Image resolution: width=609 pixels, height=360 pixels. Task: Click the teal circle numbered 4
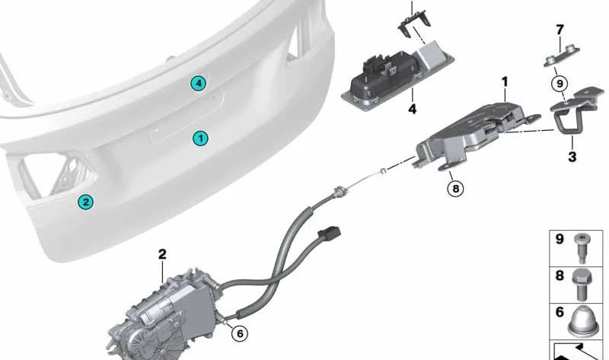point(198,83)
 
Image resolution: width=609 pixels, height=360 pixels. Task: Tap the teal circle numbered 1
point(201,139)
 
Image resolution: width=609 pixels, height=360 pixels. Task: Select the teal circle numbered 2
point(85,202)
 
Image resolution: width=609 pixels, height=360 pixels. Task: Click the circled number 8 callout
point(455,189)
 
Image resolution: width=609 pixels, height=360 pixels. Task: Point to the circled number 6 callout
point(240,333)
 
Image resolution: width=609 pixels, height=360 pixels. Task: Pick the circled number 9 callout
point(560,84)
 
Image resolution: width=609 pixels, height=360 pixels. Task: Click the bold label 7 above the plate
point(560,30)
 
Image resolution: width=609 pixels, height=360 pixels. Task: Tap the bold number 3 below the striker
point(572,158)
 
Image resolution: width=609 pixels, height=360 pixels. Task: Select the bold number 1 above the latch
point(505,82)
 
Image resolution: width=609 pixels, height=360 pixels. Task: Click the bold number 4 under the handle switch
point(412,109)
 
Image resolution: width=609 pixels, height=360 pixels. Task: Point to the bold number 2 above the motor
point(162,254)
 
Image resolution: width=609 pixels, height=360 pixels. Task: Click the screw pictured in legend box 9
point(581,249)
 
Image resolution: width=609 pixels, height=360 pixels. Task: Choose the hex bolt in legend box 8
point(581,285)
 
